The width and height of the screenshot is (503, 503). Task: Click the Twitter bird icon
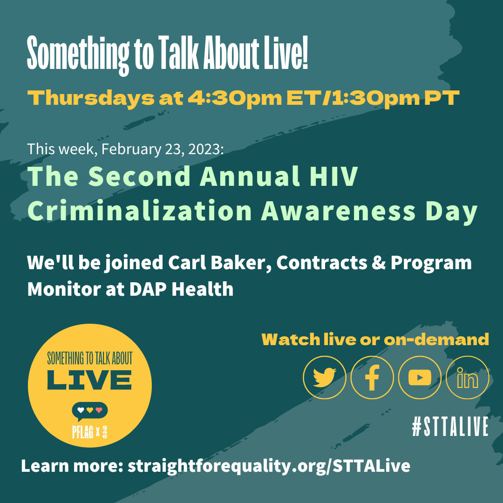click(x=324, y=378)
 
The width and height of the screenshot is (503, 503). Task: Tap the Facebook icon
click(x=372, y=378)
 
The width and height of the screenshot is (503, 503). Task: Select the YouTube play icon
click(x=420, y=378)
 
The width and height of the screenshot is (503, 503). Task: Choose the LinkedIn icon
click(x=468, y=378)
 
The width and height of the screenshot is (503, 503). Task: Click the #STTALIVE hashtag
click(x=450, y=426)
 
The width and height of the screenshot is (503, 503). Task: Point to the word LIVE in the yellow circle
click(x=89, y=380)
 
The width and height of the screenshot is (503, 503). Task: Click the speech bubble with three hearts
click(x=90, y=411)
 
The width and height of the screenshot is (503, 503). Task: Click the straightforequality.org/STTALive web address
click(x=269, y=466)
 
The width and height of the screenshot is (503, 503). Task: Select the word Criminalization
click(x=140, y=211)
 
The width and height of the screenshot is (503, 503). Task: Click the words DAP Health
click(x=181, y=289)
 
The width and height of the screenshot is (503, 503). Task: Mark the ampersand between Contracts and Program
click(x=379, y=263)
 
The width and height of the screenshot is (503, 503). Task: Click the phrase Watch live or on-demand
click(x=375, y=340)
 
